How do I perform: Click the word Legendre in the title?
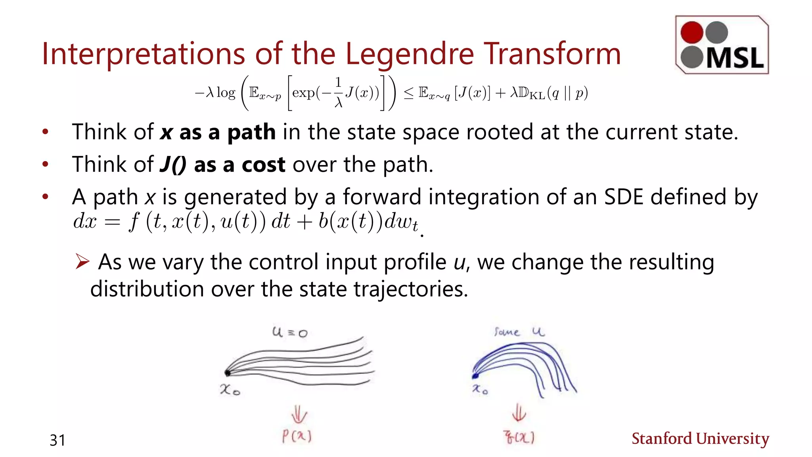point(410,54)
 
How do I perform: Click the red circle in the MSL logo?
point(691,32)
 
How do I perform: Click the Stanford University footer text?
point(700,439)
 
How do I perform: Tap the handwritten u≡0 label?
point(290,332)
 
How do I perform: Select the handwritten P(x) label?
point(297,436)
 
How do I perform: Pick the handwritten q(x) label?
point(519,438)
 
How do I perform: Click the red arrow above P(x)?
point(299,415)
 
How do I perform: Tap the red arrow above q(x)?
point(519,413)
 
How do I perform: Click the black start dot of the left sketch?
point(227,373)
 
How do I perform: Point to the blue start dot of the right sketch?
point(475,375)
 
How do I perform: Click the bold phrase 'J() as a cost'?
point(222,165)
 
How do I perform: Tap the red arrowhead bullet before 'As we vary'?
point(82,261)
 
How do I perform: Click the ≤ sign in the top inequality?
point(409,93)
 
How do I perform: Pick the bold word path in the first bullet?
point(251,132)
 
